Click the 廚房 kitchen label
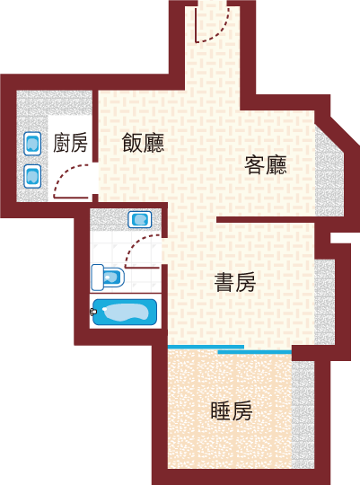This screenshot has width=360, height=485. tap(70, 143)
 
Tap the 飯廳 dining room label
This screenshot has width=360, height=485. tap(143, 143)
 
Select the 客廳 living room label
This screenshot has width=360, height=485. tap(266, 165)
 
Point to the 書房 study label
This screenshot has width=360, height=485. tap(235, 282)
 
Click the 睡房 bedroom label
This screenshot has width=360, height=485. tap(232, 411)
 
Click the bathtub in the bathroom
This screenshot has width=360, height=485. tap(125, 312)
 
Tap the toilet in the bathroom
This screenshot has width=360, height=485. tap(108, 278)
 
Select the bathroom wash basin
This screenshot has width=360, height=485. tap(140, 219)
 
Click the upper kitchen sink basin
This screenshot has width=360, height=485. tap(32, 144)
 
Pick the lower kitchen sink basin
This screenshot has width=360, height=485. tap(32, 176)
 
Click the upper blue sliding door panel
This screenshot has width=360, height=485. tap(206, 347)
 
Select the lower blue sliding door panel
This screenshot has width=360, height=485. tap(255, 352)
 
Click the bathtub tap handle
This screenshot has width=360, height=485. tap(92, 312)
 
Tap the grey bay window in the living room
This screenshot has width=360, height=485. tap(329, 170)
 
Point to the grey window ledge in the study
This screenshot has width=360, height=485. tap(325, 302)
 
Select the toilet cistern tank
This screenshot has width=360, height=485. tap(98, 278)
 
